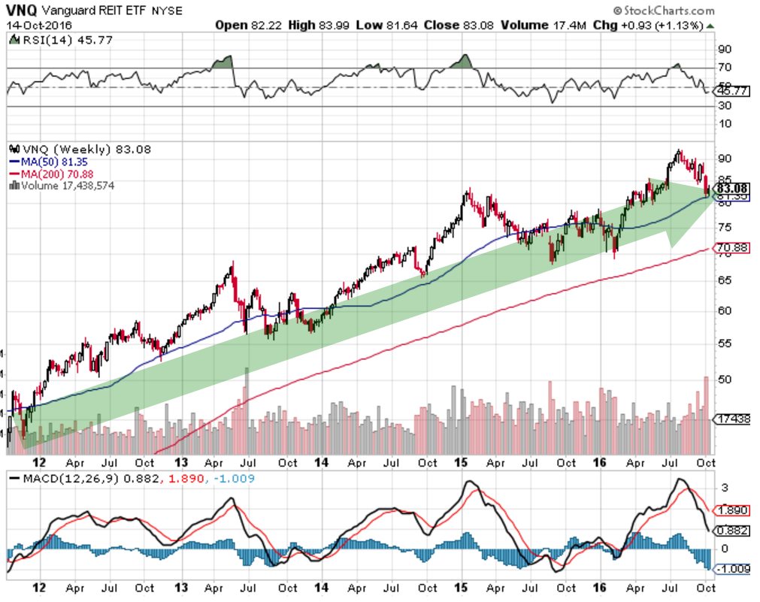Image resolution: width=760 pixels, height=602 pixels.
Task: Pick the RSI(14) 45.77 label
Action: tap(49, 40)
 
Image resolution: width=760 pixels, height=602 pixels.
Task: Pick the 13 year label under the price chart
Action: tap(181, 463)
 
